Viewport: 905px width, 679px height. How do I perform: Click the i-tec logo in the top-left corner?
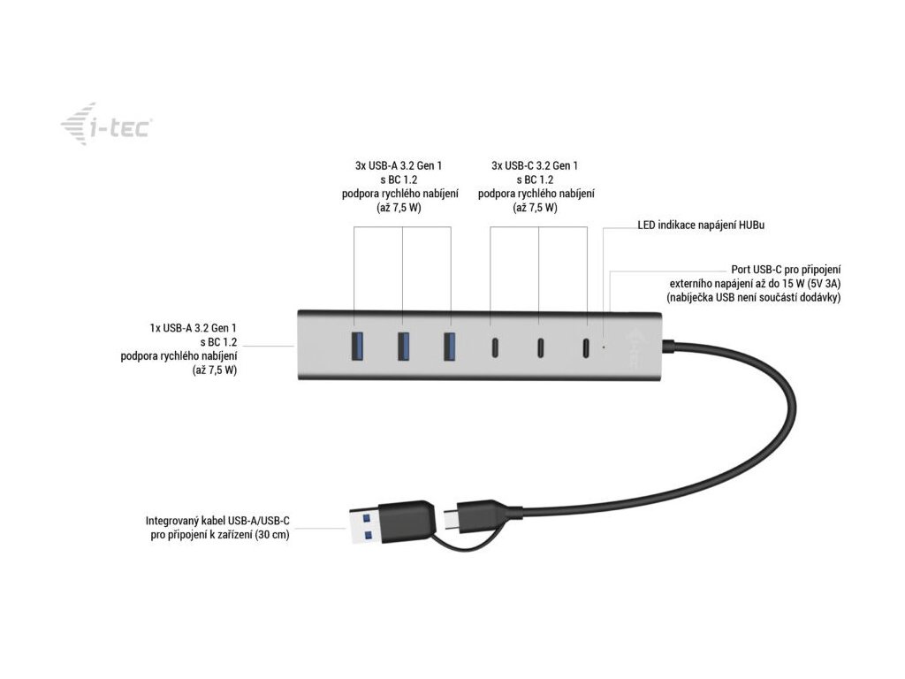click(104, 126)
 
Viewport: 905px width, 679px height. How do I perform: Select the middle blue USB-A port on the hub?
click(403, 346)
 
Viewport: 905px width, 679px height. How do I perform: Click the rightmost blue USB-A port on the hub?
click(450, 346)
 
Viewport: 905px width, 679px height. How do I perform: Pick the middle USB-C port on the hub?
click(538, 347)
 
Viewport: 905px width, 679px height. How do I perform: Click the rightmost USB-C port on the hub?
click(585, 347)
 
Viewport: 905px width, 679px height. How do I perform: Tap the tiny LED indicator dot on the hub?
click(604, 347)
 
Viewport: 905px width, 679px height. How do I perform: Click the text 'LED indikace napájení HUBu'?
click(701, 225)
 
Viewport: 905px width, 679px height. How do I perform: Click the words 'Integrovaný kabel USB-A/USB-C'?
click(217, 521)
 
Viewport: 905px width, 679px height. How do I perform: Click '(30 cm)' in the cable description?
click(269, 535)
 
